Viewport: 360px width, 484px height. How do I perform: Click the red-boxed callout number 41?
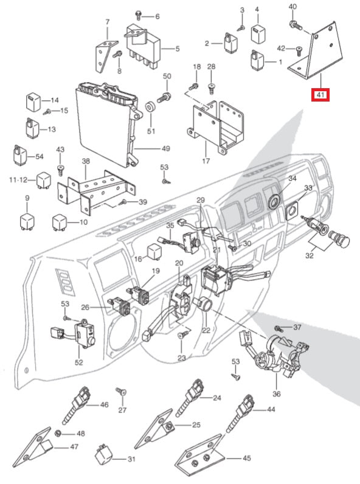pyautogui.click(x=320, y=95)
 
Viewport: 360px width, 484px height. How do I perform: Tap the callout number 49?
pyautogui.click(x=166, y=148)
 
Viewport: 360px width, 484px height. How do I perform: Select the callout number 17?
pyautogui.click(x=206, y=161)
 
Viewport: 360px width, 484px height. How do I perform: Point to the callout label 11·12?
pyautogui.click(x=18, y=179)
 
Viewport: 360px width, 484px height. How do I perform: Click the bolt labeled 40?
pyautogui.click(x=296, y=25)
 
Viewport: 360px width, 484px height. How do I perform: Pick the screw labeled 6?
pyautogui.click(x=138, y=15)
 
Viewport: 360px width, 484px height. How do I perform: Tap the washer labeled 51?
pyautogui.click(x=151, y=108)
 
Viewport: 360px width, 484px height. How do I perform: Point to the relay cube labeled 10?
pyautogui.click(x=60, y=222)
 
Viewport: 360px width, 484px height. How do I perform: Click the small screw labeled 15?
pyautogui.click(x=47, y=112)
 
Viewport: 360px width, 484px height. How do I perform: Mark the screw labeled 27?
pyautogui.click(x=121, y=392)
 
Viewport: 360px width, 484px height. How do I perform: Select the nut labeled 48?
pyautogui.click(x=57, y=434)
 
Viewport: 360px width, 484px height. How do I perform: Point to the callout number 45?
pyautogui.click(x=247, y=458)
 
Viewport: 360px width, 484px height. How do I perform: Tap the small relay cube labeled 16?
pyautogui.click(x=154, y=252)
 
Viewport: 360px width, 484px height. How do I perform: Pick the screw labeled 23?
pyautogui.click(x=184, y=334)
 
